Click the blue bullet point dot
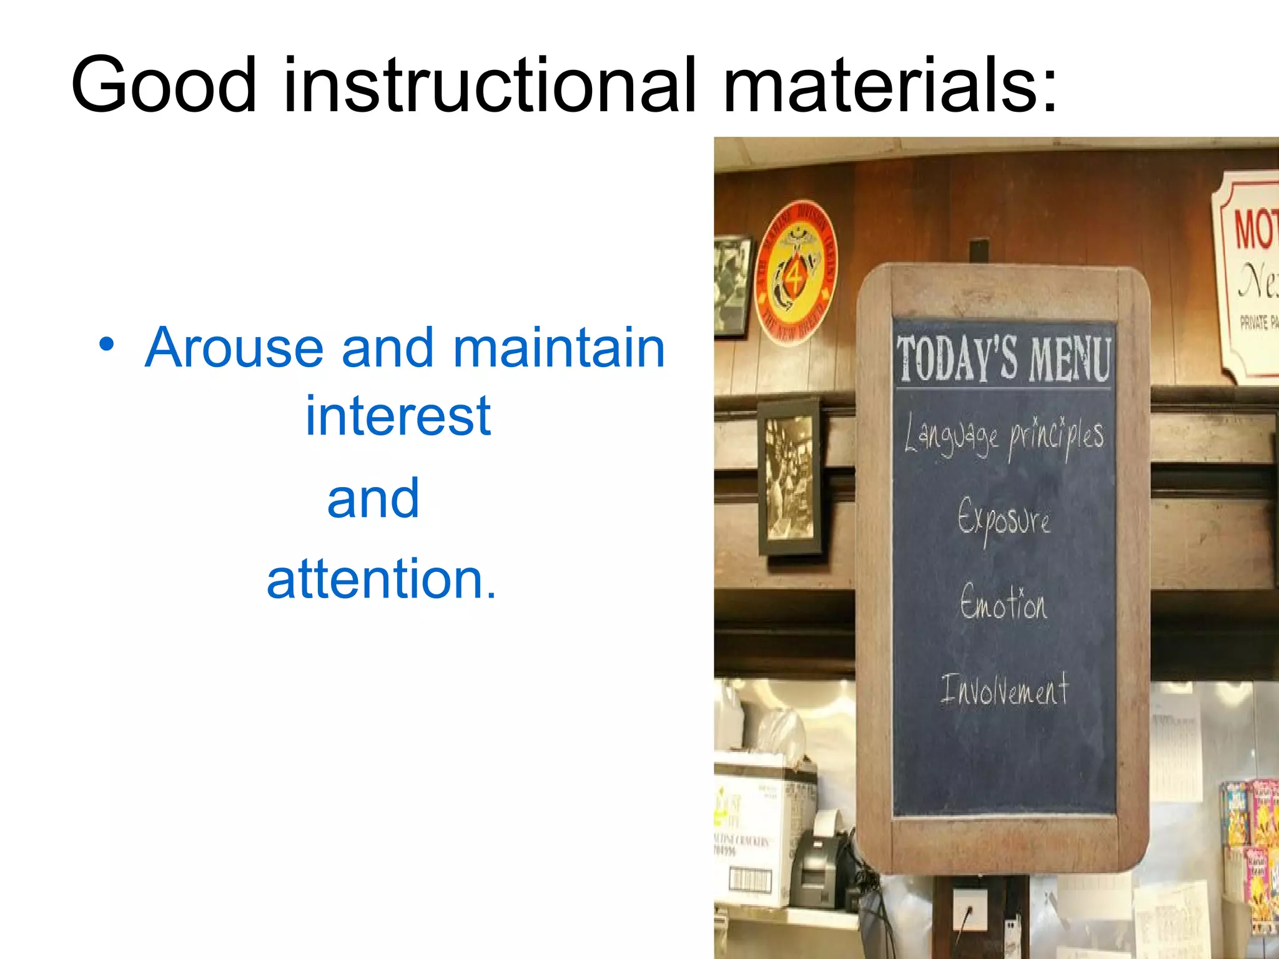[x=107, y=345]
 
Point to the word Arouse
[x=234, y=348]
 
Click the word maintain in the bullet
[x=559, y=348]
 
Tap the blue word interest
[x=398, y=416]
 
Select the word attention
[x=381, y=579]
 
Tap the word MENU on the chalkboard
[x=1070, y=358]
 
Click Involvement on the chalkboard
[x=1004, y=690]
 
